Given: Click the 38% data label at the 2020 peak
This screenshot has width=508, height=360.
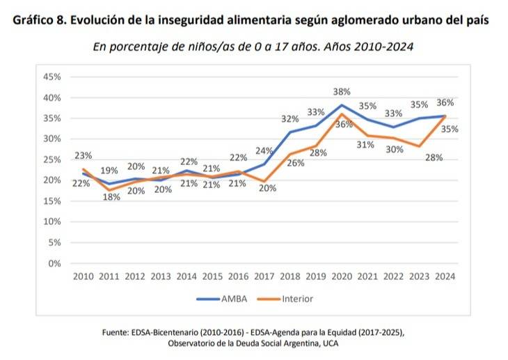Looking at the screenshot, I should click(x=342, y=92).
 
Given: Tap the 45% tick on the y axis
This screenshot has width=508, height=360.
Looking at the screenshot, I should click(x=52, y=77).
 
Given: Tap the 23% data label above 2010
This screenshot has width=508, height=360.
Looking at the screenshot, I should click(x=84, y=155).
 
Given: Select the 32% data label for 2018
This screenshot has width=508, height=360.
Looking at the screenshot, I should click(x=289, y=118).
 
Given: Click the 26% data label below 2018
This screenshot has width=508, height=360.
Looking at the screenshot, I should click(x=296, y=164).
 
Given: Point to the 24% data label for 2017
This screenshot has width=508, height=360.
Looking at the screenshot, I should click(x=264, y=150).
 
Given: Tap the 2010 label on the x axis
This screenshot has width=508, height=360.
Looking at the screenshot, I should click(x=84, y=276).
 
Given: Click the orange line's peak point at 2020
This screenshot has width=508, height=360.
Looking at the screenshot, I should click(x=342, y=114).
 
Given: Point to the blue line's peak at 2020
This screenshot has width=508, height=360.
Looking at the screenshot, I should click(x=342, y=105).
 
